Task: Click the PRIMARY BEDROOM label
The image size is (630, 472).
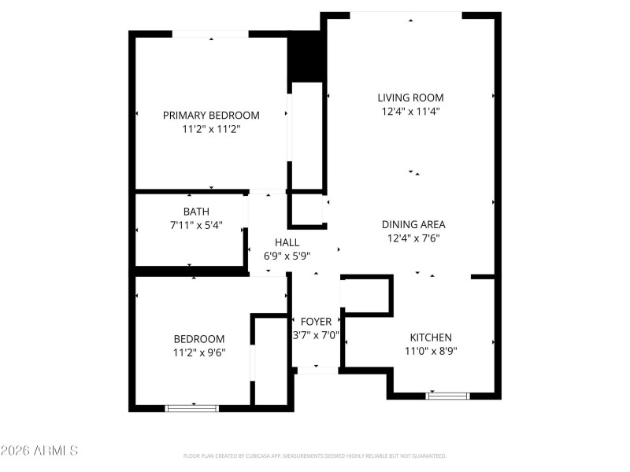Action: pyautogui.click(x=211, y=115)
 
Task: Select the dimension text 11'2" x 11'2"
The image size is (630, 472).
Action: pyautogui.click(x=211, y=128)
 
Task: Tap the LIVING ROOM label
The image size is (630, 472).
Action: pyautogui.click(x=410, y=98)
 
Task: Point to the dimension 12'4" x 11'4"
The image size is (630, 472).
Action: pyautogui.click(x=410, y=111)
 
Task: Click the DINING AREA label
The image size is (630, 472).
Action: pyautogui.click(x=413, y=224)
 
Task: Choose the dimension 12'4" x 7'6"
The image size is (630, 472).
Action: pyautogui.click(x=413, y=238)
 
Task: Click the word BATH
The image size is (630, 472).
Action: pyautogui.click(x=196, y=212)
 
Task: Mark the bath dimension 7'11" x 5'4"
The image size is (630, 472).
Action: pyautogui.click(x=196, y=225)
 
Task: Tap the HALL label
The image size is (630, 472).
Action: pyautogui.click(x=286, y=242)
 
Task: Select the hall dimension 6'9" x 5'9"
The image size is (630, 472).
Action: pyautogui.click(x=286, y=256)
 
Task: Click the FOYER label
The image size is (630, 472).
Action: pyautogui.click(x=317, y=322)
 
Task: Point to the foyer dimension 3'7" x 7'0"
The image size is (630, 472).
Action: pyautogui.click(x=317, y=335)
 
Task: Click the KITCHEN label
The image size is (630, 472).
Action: pyautogui.click(x=428, y=337)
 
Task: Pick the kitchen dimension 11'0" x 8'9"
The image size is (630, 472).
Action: pyautogui.click(x=428, y=351)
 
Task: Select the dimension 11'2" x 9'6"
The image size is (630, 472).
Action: pyautogui.click(x=199, y=352)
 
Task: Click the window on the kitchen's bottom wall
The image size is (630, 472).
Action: pyautogui.click(x=447, y=395)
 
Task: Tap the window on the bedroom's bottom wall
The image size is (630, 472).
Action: pyautogui.click(x=192, y=408)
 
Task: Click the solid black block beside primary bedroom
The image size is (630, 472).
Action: pyautogui.click(x=306, y=57)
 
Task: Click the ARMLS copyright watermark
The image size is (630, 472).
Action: pyautogui.click(x=39, y=451)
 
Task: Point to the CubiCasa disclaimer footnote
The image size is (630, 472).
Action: pyautogui.click(x=315, y=455)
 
